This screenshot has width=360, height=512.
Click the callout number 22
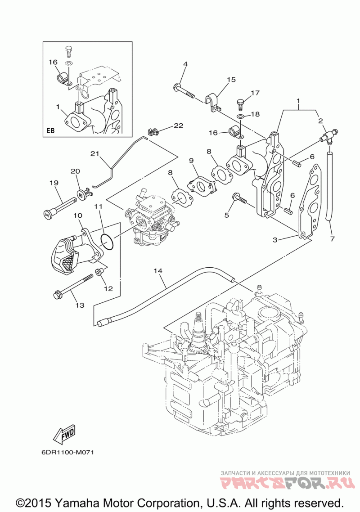(178, 126)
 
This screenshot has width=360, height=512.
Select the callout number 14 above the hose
(158, 271)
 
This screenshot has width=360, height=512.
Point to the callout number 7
(332, 239)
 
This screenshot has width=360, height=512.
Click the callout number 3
(275, 240)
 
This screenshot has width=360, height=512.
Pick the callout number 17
(255, 93)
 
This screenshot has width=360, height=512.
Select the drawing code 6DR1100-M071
(67, 453)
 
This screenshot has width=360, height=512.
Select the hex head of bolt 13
(57, 295)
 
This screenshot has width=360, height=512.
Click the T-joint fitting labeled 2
(328, 136)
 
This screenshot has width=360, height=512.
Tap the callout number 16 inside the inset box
(53, 62)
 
